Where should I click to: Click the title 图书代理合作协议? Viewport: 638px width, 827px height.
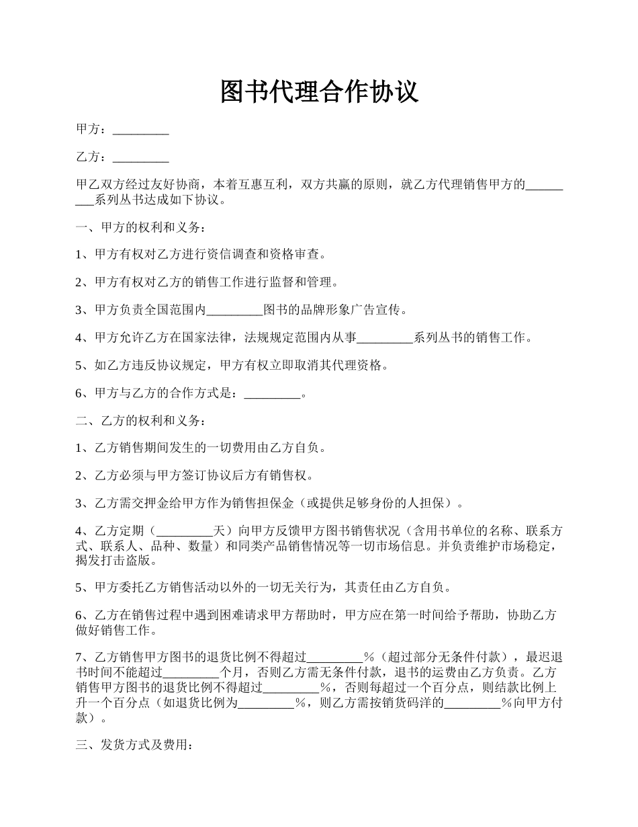coord(319,92)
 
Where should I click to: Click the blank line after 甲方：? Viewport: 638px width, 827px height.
coord(140,130)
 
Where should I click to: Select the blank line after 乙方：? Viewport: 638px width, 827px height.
coord(140,157)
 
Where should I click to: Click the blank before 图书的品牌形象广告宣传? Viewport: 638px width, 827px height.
coord(234,310)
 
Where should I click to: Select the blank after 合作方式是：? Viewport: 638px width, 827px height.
coord(272,393)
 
